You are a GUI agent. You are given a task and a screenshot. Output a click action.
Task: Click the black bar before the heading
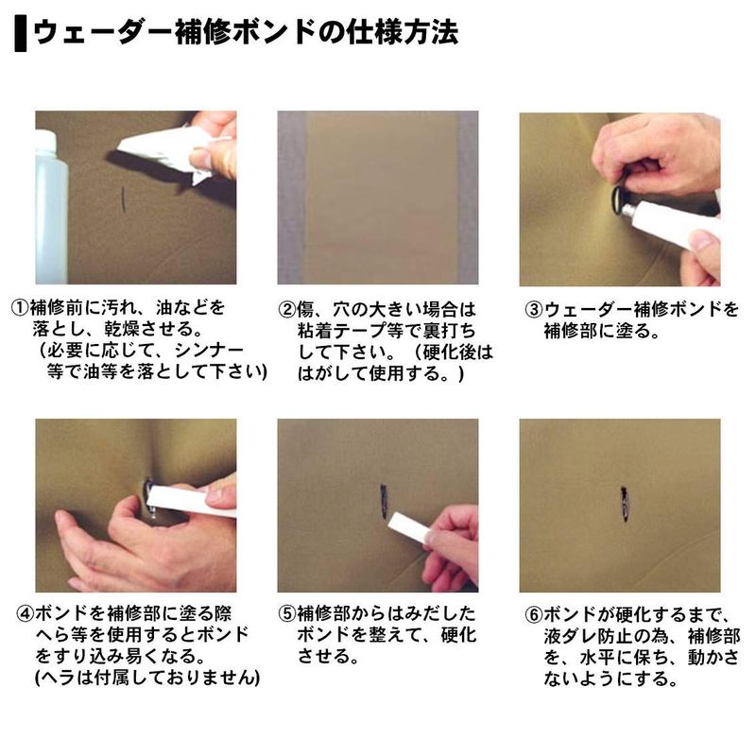20,33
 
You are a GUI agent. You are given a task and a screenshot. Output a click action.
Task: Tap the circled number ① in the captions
20,308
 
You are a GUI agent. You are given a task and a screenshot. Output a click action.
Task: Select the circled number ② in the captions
287,309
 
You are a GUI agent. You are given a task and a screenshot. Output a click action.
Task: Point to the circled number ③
534,309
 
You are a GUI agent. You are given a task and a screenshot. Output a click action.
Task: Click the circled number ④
26,613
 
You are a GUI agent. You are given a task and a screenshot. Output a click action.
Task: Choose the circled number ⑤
287,613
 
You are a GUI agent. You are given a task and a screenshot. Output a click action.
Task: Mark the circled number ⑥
534,614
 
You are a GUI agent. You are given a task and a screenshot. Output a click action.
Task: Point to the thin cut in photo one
124,199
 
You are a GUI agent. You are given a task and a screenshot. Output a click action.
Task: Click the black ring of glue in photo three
619,198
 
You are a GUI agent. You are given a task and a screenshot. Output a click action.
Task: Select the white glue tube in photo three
669,223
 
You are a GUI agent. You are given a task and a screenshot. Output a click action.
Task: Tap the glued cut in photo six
624,504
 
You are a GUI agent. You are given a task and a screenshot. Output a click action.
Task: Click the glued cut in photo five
385,502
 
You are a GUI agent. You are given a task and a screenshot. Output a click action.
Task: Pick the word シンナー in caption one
209,350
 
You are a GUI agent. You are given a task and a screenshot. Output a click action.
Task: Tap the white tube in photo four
192,502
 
